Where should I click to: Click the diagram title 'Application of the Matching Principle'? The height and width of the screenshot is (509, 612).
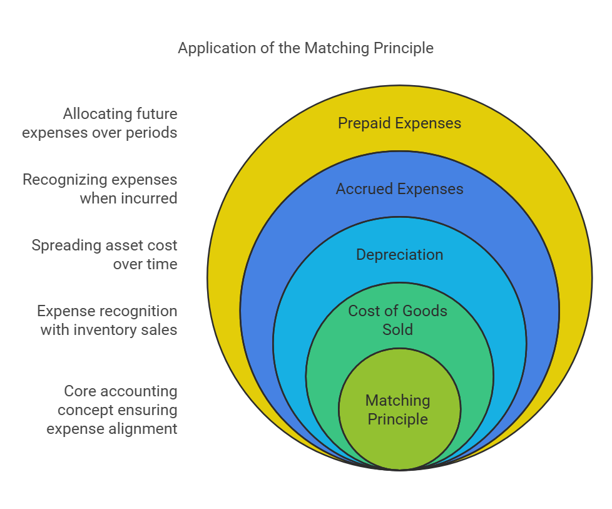(x=305, y=48)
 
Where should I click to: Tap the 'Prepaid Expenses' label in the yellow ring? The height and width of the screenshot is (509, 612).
(x=399, y=123)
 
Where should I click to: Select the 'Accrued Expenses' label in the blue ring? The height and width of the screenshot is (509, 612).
(x=399, y=189)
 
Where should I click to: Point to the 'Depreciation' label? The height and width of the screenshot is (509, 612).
(x=399, y=255)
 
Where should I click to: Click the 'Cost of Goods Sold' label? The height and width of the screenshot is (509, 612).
(x=398, y=320)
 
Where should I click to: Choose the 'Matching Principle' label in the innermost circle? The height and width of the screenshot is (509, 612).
(x=398, y=409)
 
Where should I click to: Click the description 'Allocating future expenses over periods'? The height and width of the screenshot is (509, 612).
(x=100, y=123)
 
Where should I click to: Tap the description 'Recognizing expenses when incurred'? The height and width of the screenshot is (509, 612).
(x=100, y=189)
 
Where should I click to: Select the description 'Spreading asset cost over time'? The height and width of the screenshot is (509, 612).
(x=105, y=255)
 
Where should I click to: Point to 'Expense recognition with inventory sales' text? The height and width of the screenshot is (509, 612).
(x=107, y=320)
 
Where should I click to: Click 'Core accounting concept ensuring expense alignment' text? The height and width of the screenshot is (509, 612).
(x=112, y=410)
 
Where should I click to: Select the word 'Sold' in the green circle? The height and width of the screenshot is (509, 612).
(x=398, y=329)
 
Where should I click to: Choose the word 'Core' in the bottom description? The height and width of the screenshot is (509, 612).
(x=79, y=391)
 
